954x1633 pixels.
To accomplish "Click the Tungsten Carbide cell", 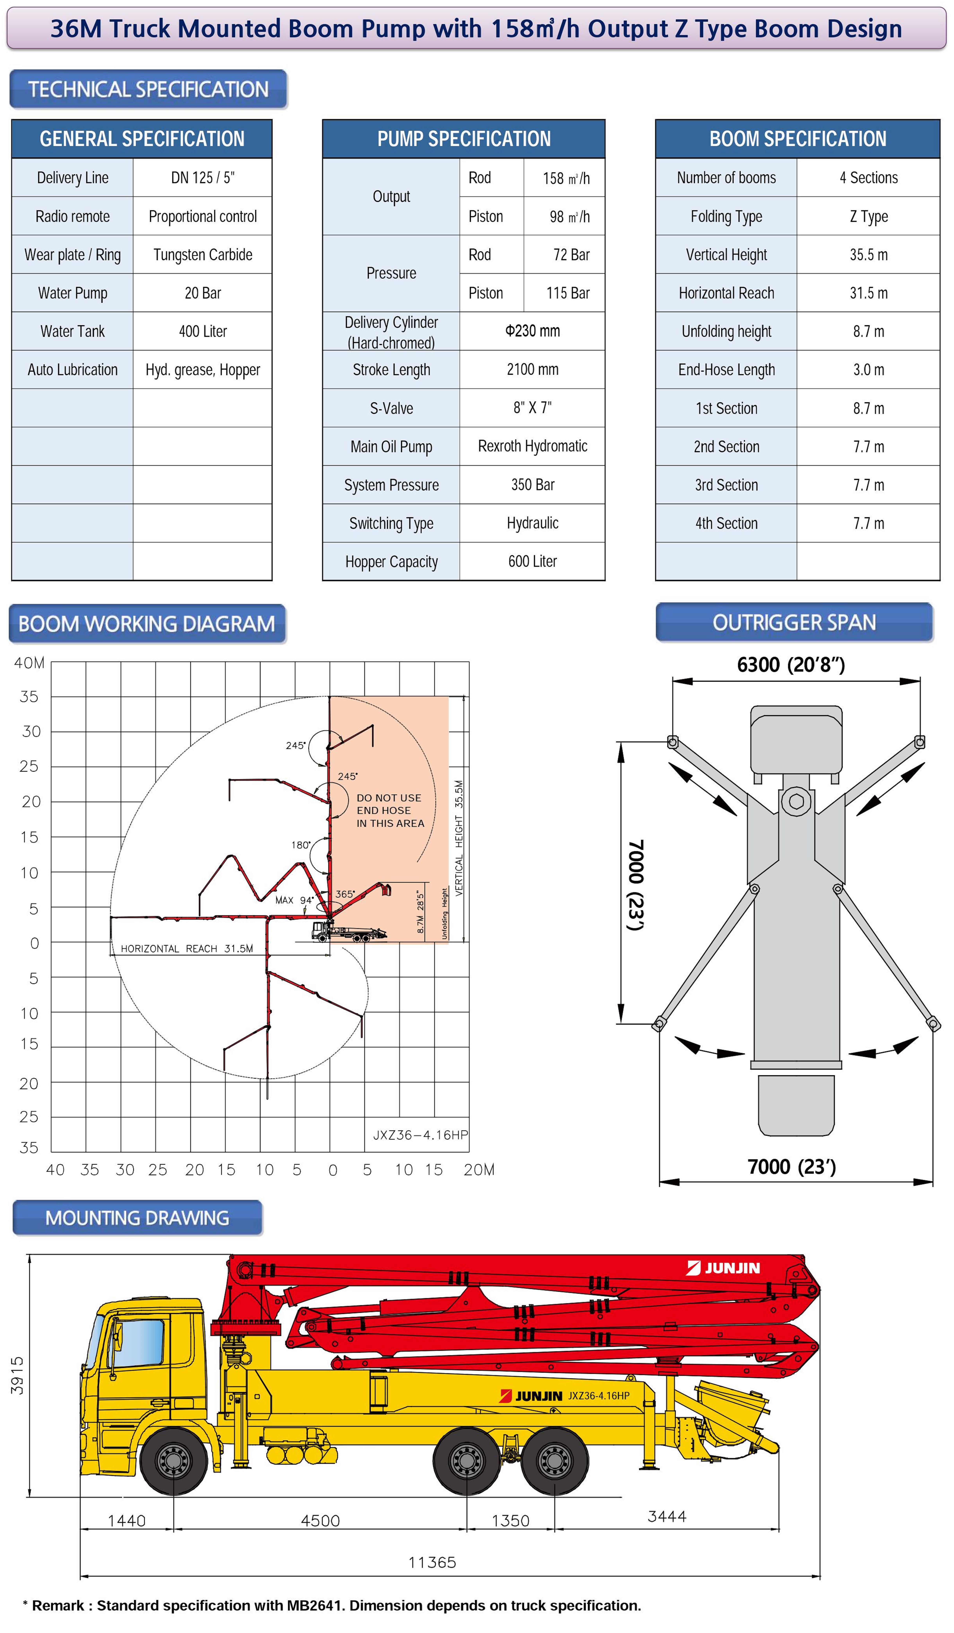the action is tap(203, 255).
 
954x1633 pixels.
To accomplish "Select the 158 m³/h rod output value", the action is tap(566, 178).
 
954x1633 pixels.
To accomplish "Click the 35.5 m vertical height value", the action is tap(868, 255).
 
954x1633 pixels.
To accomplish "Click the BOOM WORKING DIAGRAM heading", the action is tap(147, 623).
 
